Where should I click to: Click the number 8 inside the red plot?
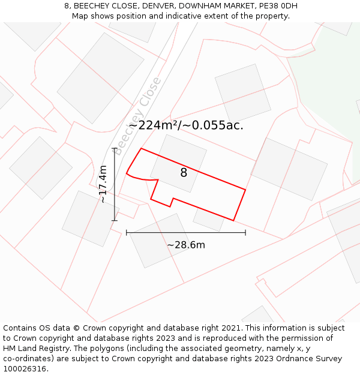click(x=184, y=173)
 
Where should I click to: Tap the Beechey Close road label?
click(x=137, y=116)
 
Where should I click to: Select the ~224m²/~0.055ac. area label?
click(x=186, y=125)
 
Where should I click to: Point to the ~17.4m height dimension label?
click(x=103, y=184)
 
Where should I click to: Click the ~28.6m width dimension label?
click(x=186, y=245)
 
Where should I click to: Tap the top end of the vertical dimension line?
click(x=114, y=148)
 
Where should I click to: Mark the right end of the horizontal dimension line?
click(x=245, y=232)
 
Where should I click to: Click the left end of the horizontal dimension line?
click(x=127, y=232)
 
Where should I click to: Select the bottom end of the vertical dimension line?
click(x=114, y=220)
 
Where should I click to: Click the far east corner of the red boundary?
click(x=245, y=190)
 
